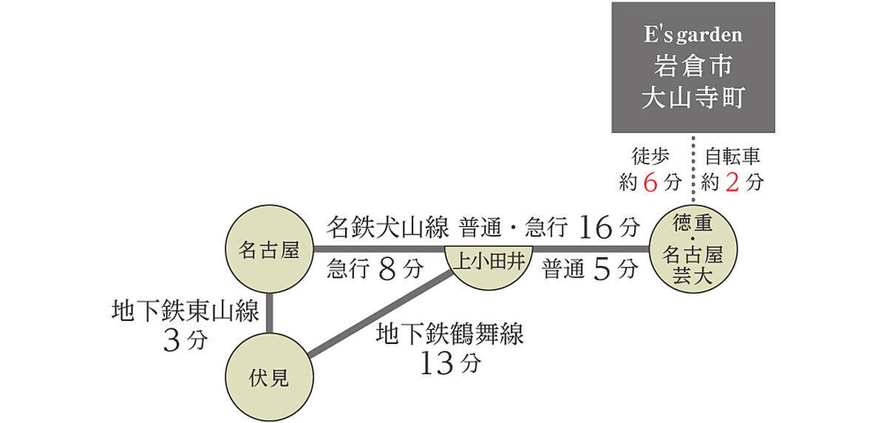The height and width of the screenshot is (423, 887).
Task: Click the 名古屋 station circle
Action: (x=269, y=249)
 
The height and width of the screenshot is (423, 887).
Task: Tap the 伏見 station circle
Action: (x=269, y=377)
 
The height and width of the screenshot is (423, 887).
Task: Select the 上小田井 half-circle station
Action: (x=489, y=266)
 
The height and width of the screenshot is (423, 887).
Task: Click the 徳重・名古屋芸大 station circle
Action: (x=693, y=249)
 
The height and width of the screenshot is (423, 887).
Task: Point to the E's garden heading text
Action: (x=693, y=35)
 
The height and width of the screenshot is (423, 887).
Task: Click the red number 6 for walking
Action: (x=650, y=183)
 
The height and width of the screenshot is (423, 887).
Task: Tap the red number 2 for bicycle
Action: (x=733, y=183)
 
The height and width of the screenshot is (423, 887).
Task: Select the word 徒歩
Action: (x=650, y=156)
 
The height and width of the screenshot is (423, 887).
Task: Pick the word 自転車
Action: (x=733, y=156)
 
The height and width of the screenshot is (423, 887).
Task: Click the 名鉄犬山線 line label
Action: (x=387, y=227)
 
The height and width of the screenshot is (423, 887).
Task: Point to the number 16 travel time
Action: (x=595, y=227)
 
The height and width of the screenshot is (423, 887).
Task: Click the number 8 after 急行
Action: (x=387, y=269)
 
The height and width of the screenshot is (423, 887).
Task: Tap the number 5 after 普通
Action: (x=602, y=269)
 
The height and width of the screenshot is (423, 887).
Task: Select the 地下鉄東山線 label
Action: (x=186, y=311)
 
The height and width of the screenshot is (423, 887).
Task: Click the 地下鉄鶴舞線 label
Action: (x=450, y=334)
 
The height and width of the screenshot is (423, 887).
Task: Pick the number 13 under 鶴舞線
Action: (x=436, y=363)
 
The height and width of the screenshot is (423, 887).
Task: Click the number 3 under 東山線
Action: (x=171, y=341)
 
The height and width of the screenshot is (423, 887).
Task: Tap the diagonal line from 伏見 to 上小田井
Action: (x=381, y=312)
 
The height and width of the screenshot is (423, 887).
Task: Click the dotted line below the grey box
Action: (x=693, y=169)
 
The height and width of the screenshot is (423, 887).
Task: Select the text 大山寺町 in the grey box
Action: (x=693, y=97)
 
